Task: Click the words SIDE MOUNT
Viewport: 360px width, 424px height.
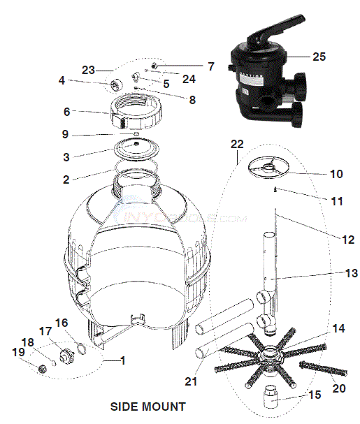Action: pos(148,406)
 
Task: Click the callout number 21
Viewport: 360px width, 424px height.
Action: pos(191,381)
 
